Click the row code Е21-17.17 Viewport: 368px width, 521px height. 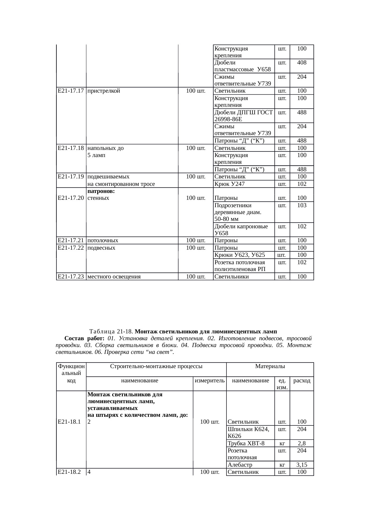pos(71,91)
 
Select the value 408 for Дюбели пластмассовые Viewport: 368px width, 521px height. pos(302,63)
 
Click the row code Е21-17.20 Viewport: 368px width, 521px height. pos(71,198)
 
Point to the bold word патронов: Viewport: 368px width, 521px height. pos(101,191)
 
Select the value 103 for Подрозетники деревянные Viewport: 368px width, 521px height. pos(302,205)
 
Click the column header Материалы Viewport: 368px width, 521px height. pos(270,366)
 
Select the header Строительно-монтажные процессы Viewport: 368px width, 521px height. pos(156,366)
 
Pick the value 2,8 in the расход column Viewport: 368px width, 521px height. pos(302,444)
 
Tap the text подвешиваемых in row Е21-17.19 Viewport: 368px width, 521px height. pos(109,177)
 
